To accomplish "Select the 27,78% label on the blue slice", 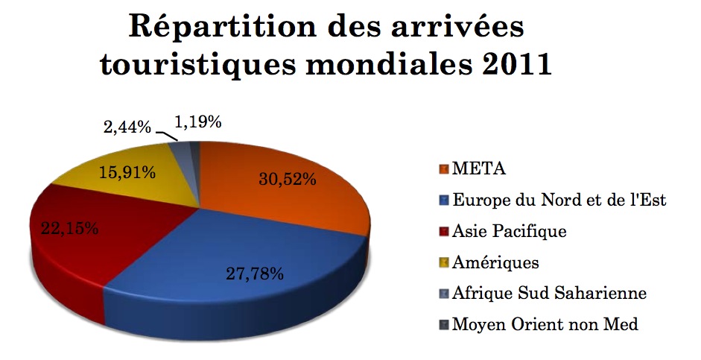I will [255, 274].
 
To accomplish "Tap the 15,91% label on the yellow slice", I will [127, 173].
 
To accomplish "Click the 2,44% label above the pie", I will [125, 127].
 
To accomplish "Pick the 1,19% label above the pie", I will [197, 121].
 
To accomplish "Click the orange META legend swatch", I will [443, 168].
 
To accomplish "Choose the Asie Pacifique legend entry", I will [509, 231].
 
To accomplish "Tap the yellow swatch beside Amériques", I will [443, 262].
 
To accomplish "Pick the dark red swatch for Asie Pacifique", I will [443, 231].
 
